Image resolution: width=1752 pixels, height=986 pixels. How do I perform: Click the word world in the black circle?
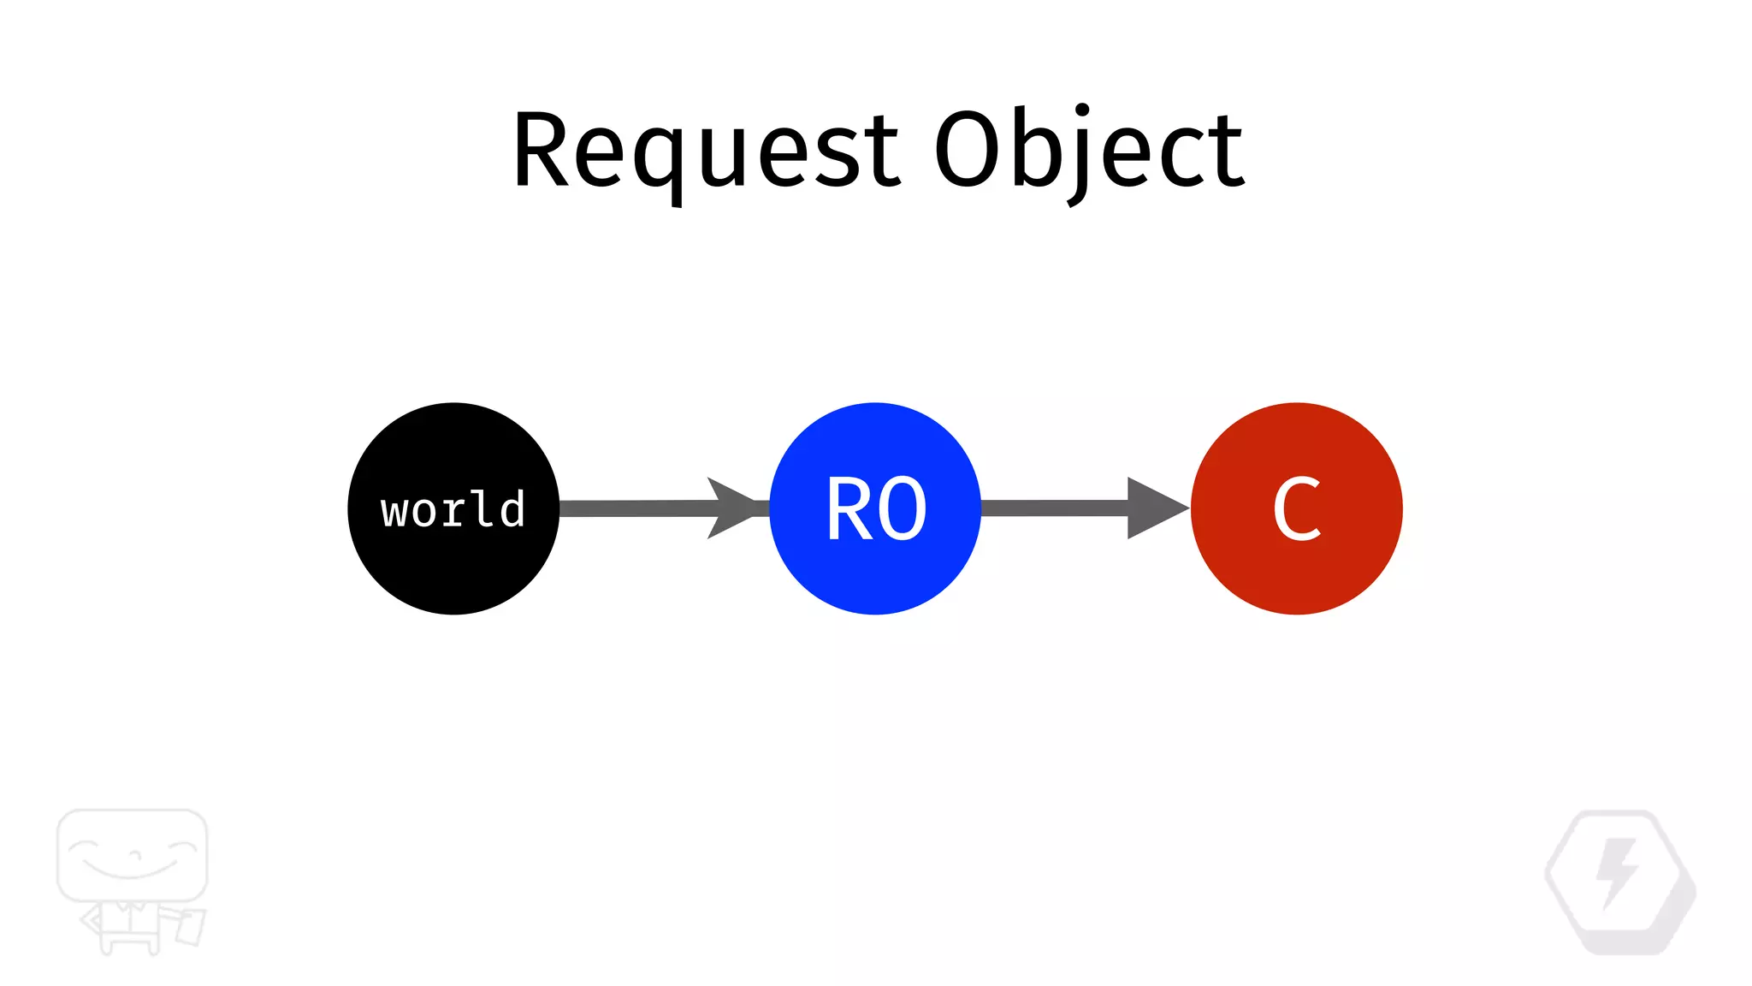click(453, 510)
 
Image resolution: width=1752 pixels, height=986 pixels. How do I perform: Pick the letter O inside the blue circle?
click(903, 510)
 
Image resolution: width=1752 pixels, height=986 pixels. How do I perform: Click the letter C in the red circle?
click(1297, 509)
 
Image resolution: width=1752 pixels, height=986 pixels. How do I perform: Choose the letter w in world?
click(394, 512)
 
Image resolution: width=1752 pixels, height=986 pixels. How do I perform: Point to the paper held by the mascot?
click(190, 927)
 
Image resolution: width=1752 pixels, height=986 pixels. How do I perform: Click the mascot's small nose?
click(133, 854)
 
